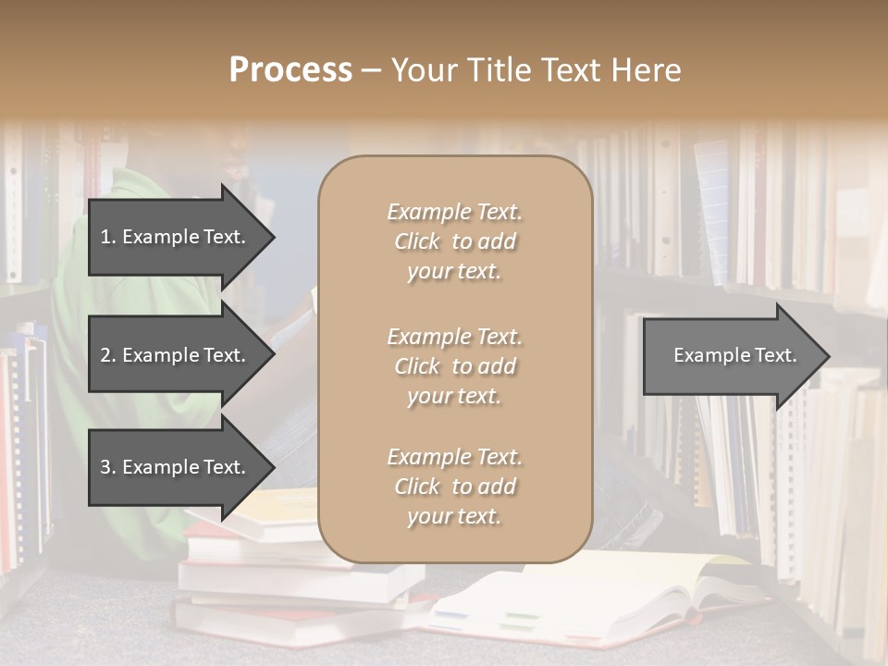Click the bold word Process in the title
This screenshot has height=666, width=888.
(x=290, y=70)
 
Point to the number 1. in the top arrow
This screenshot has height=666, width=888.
(x=107, y=237)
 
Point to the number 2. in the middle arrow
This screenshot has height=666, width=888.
(x=107, y=355)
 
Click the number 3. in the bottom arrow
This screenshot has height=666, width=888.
(x=107, y=467)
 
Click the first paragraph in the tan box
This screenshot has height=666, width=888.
(x=454, y=241)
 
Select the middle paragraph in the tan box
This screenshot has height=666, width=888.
(x=454, y=366)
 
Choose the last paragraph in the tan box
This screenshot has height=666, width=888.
(x=454, y=487)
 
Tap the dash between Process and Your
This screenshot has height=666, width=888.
(x=372, y=70)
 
